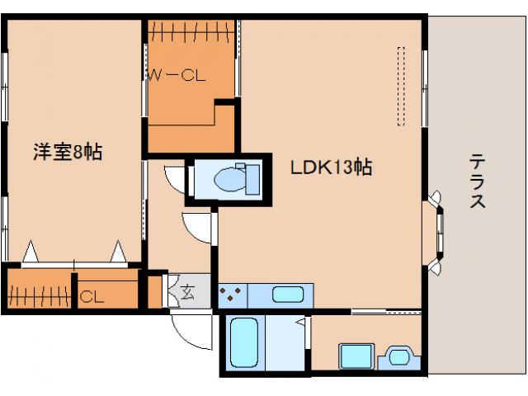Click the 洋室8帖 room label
tap(68, 152)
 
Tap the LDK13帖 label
tap(332, 167)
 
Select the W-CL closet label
tap(177, 75)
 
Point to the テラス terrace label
tap(478, 181)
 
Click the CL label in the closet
tap(92, 297)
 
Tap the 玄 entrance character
tap(187, 292)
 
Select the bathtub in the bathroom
tap(244, 343)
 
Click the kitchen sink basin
tap(288, 295)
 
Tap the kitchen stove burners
tap(230, 294)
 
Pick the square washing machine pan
tap(356, 356)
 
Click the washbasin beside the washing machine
tap(399, 357)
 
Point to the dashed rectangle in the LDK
tap(401, 86)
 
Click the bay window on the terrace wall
tap(436, 233)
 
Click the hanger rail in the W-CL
tap(191, 32)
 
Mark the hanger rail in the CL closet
tap(40, 296)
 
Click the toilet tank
tap(252, 180)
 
